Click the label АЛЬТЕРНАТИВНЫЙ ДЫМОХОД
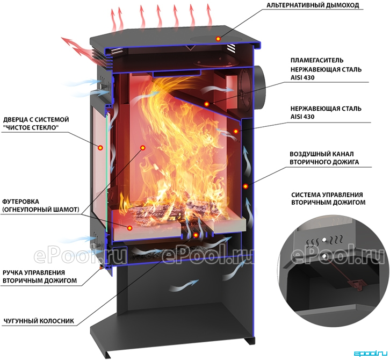[x=313, y=5]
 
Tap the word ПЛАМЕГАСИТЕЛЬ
[x=317, y=61]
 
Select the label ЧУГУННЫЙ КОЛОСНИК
[x=39, y=321]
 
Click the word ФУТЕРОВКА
[x=20, y=201]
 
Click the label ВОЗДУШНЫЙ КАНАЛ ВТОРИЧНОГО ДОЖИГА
[x=324, y=158]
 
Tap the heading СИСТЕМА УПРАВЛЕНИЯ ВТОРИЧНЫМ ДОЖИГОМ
[x=329, y=198]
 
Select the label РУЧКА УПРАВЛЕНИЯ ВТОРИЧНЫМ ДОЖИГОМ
[x=40, y=277]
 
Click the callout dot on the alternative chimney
[x=218, y=39]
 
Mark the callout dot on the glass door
[x=100, y=148]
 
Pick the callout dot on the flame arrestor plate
[x=206, y=104]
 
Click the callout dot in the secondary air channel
[x=245, y=186]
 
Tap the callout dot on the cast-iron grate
[x=196, y=235]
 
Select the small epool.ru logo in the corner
[x=371, y=353]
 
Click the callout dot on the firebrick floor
[x=129, y=228]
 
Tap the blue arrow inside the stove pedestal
[x=184, y=285]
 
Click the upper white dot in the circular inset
[x=324, y=239]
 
